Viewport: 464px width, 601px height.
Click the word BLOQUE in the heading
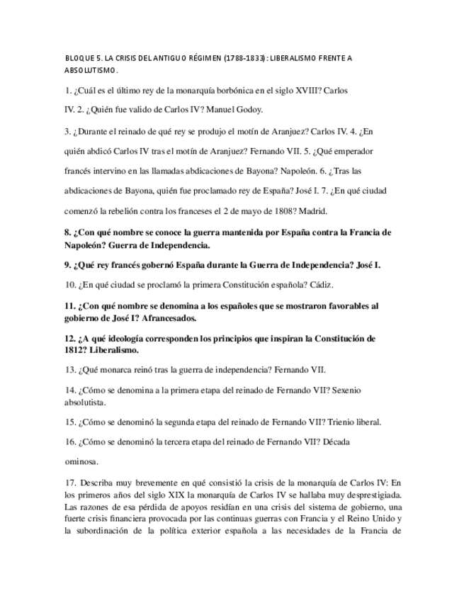coord(78,58)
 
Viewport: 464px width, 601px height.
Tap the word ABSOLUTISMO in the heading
coord(91,71)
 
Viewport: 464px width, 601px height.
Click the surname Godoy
coord(247,109)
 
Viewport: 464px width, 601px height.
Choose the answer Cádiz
coord(319,285)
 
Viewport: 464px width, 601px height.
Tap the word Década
coord(332,442)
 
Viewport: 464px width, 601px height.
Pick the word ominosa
coord(81,461)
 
